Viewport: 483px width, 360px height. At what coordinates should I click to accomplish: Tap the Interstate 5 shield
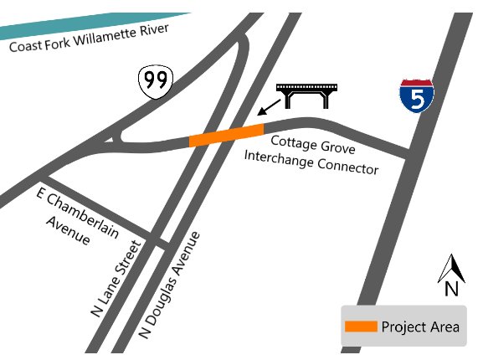click(416, 96)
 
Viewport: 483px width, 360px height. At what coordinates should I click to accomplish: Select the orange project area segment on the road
click(227, 135)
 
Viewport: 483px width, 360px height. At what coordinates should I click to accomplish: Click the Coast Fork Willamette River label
click(89, 38)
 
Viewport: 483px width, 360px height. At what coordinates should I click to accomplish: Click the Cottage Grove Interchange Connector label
click(311, 155)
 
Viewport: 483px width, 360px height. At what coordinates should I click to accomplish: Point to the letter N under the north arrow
click(451, 290)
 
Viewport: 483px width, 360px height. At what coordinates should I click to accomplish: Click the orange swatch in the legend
click(361, 326)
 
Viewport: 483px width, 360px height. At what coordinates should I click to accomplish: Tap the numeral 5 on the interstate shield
click(417, 100)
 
